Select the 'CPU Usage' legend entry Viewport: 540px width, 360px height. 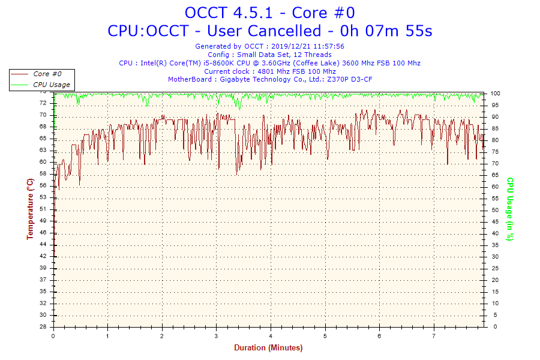(x=51, y=85)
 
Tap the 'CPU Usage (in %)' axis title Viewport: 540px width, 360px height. (x=510, y=209)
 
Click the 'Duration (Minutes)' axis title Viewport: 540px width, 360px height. (x=268, y=348)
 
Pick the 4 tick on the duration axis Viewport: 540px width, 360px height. (x=271, y=336)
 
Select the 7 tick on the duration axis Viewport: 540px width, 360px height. (x=433, y=336)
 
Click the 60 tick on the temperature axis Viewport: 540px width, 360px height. (x=43, y=162)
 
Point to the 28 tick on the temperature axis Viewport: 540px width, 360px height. (x=43, y=327)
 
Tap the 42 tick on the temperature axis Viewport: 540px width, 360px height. (x=43, y=256)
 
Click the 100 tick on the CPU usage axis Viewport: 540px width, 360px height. (x=496, y=94)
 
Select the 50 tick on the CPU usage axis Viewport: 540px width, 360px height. (x=494, y=210)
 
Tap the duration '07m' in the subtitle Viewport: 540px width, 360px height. (x=393, y=31)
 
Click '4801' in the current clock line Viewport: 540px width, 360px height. (x=265, y=71)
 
